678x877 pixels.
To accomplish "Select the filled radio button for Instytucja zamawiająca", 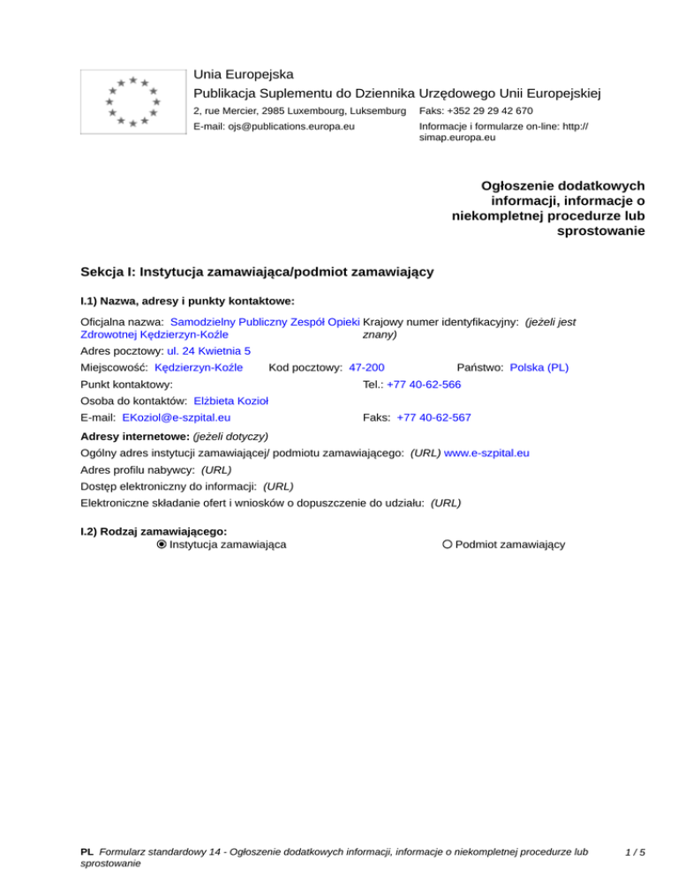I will pyautogui.click(x=161, y=544).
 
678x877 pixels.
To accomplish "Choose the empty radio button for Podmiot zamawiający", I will pyautogui.click(x=448, y=544).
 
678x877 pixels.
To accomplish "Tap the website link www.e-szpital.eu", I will pyautogui.click(x=486, y=453).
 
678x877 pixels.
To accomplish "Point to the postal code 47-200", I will pyautogui.click(x=366, y=366).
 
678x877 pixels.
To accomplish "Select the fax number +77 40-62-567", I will pyautogui.click(x=433, y=416).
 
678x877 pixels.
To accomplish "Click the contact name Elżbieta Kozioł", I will pyautogui.click(x=230, y=401).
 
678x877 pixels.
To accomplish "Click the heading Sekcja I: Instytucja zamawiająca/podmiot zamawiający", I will pyautogui.click(x=256, y=272).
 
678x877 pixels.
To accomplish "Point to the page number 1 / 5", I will pyautogui.click(x=634, y=852).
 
